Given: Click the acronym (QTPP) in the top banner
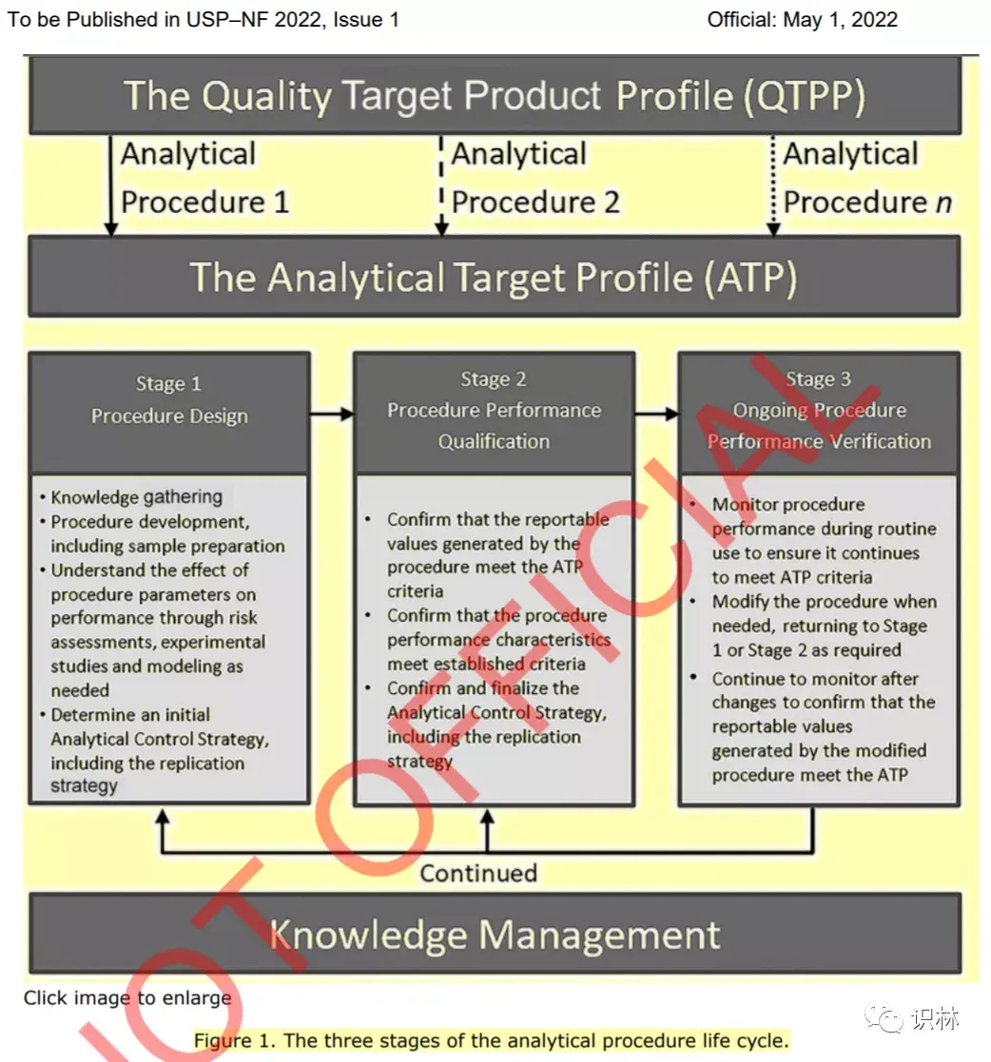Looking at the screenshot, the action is pos(804,96).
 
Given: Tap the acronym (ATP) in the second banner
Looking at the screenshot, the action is pos(750,278).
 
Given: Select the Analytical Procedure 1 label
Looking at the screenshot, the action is pos(205,178).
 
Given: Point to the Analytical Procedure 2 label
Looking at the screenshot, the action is pos(535,178).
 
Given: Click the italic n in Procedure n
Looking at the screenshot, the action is pos(943,203).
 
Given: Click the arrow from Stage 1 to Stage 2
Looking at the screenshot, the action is pos(332,414).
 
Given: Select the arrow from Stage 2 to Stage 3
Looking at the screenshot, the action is pos(657,414).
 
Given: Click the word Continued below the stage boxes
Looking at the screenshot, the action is pos(478,873).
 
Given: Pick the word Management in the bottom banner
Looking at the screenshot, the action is pos(599,936).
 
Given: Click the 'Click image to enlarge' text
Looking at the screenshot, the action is pos(127,997).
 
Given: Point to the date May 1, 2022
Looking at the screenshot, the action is pos(841,20).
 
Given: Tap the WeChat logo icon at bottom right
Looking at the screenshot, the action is pos(884,1018).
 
